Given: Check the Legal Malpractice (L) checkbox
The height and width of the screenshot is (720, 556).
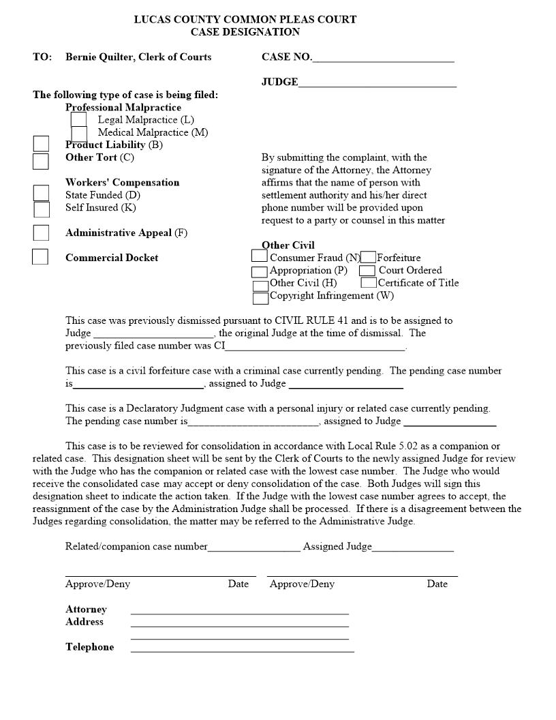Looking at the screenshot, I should coord(78,119).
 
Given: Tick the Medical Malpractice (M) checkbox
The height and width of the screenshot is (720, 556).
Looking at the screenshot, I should coord(79,133).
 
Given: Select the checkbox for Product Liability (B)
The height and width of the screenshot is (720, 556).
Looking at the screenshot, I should coord(42,144).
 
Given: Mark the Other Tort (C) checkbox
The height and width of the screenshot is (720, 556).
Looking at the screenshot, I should coord(41,161).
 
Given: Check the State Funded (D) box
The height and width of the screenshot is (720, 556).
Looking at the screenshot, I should coord(42,194).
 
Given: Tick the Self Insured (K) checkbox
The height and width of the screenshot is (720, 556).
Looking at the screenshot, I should coord(42,209).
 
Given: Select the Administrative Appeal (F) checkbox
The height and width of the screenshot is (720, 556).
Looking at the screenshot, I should coord(41,232).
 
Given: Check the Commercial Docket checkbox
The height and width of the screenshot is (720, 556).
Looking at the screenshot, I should coord(40,257).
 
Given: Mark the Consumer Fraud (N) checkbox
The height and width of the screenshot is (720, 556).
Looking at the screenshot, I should coord(259,256).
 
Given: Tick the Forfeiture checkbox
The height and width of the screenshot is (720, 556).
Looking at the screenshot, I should coord(368,257).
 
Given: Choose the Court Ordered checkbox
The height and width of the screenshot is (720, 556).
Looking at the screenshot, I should coord(367,271).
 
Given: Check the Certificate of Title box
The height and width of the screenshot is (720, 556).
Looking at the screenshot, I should coord(369,282).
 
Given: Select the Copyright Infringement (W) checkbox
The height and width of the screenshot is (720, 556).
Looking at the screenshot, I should coord(260,298).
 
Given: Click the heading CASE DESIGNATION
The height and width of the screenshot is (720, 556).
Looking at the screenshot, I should coord(245,32).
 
